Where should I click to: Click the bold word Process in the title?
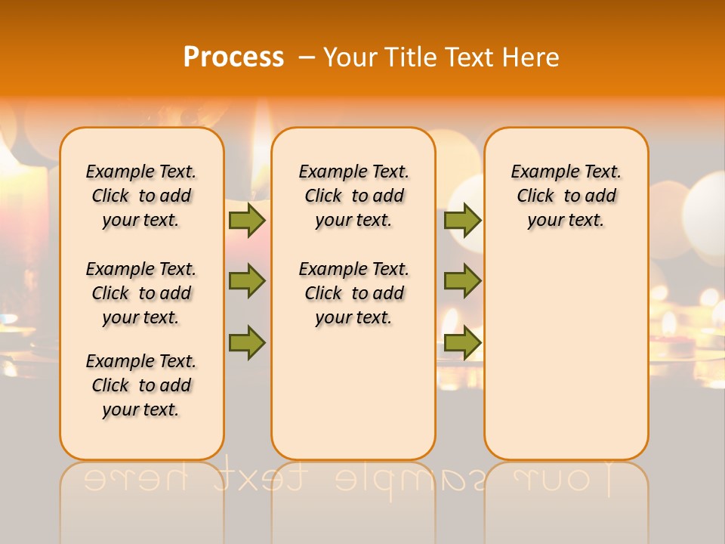tap(233, 57)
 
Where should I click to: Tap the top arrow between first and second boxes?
tap(246, 220)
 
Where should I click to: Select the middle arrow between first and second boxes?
tap(246, 281)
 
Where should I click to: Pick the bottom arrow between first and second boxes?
tap(246, 342)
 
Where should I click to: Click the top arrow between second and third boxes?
tap(462, 220)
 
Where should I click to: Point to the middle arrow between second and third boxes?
tap(462, 281)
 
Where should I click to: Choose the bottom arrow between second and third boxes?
tap(462, 342)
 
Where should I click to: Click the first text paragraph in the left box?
tap(141, 196)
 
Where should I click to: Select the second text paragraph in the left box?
tap(141, 293)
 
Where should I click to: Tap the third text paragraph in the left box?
tap(141, 385)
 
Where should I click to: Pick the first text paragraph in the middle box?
tap(353, 196)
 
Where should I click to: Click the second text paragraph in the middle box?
tap(353, 293)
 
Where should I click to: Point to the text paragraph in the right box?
tap(566, 196)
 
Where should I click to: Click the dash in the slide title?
tap(307, 58)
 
